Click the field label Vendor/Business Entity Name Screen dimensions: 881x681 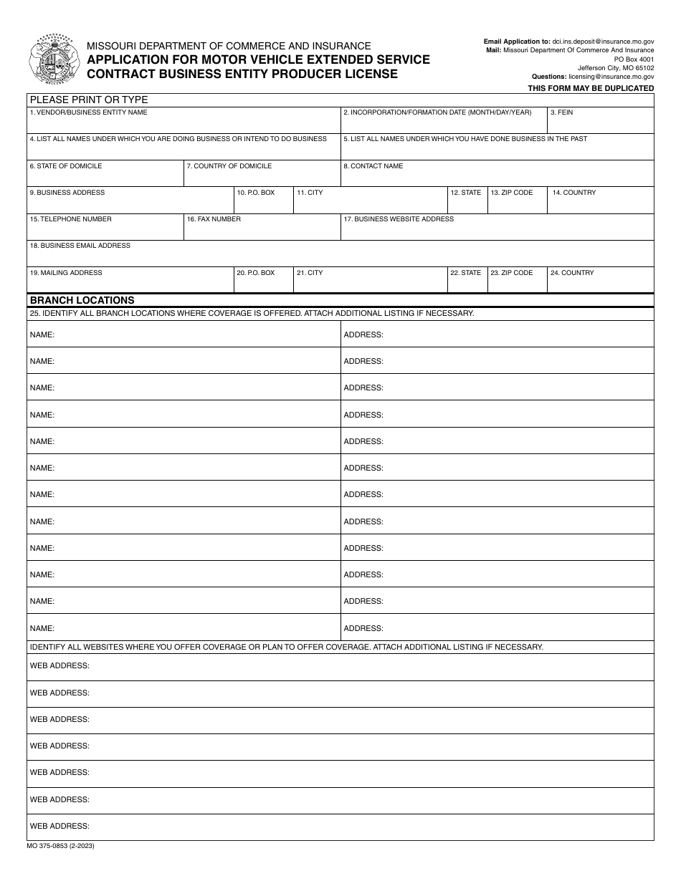[88, 112]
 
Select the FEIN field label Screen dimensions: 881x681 [561, 112]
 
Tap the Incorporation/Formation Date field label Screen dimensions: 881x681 [437, 112]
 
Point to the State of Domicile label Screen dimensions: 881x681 [66, 166]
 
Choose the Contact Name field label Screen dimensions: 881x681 [373, 166]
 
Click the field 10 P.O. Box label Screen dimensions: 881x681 [256, 193]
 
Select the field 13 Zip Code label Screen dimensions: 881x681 [512, 193]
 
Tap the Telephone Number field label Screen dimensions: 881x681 [70, 219]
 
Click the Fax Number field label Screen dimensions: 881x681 [214, 219]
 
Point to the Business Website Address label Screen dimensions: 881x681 [399, 219]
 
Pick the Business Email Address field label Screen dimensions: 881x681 [80, 246]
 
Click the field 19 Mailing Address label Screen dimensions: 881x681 [66, 273]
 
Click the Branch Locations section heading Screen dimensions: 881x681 [82, 301]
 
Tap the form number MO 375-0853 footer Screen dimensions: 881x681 [62, 846]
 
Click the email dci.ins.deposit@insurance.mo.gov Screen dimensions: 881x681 [603, 42]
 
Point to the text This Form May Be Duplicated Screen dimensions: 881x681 [591, 88]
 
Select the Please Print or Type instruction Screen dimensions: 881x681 [88, 100]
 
